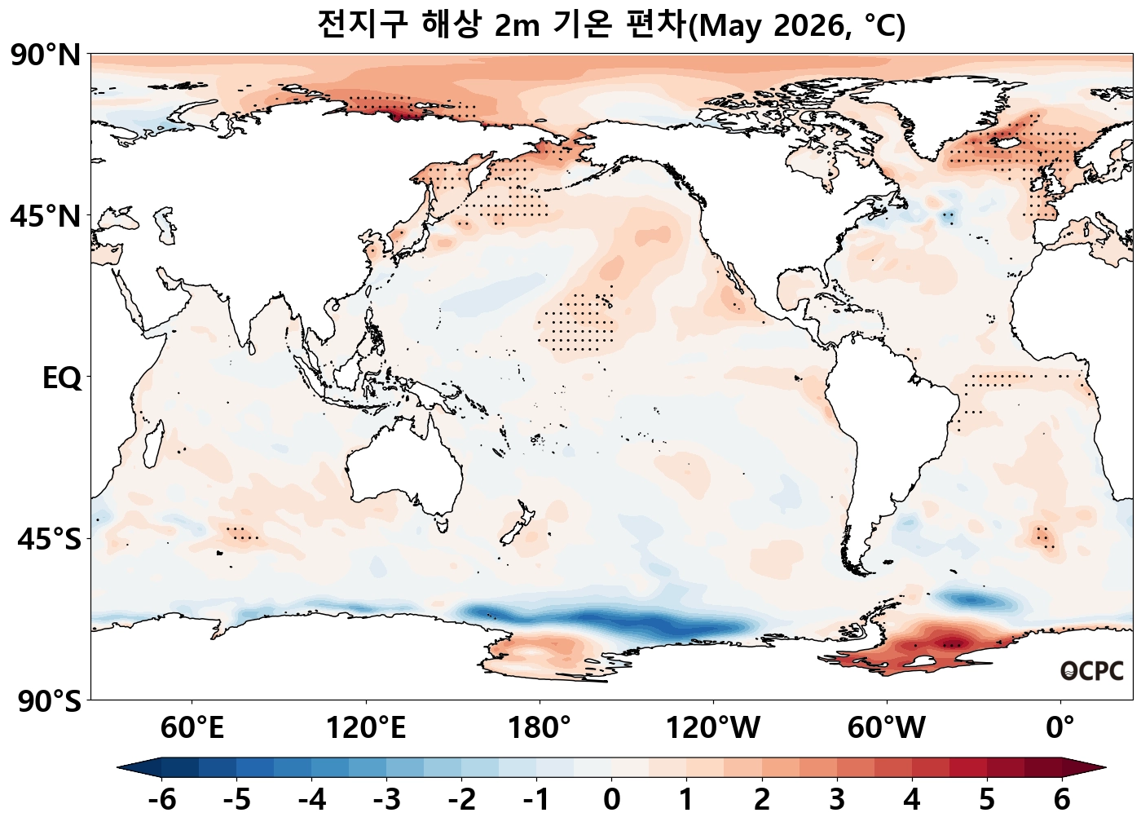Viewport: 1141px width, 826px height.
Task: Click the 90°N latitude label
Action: click(x=46, y=55)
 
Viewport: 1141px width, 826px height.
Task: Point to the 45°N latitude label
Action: click(x=46, y=217)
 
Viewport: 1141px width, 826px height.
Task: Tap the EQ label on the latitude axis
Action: click(x=62, y=378)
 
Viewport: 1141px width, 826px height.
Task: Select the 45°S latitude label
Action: click(x=49, y=540)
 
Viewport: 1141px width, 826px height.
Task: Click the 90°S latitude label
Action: click(x=49, y=701)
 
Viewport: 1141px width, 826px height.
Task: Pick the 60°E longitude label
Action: click(x=192, y=727)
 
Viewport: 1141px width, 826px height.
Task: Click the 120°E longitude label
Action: click(x=366, y=727)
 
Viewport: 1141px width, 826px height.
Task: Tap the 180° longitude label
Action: click(x=540, y=727)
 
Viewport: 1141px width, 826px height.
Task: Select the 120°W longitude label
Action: click(x=713, y=727)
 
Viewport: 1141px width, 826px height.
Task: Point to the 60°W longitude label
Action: click(x=886, y=727)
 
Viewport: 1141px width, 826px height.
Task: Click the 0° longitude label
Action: click(x=1060, y=727)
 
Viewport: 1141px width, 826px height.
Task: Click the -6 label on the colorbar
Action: click(x=161, y=800)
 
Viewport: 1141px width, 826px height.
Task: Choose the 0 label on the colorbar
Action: click(x=611, y=800)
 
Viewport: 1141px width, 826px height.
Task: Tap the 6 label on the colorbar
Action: click(x=1061, y=800)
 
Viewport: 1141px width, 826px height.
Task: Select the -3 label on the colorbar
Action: click(x=386, y=800)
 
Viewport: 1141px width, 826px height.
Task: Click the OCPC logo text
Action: click(x=1092, y=671)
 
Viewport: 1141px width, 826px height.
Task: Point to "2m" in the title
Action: click(x=517, y=26)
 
